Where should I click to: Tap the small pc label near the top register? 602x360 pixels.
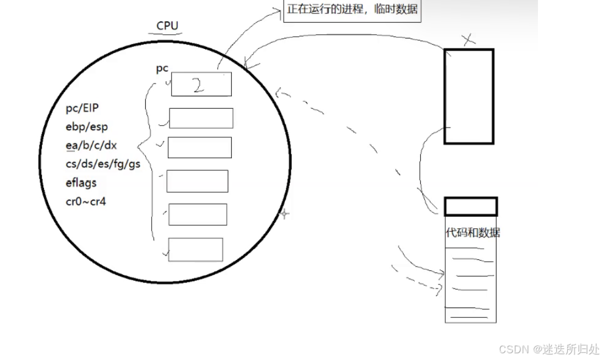(162, 68)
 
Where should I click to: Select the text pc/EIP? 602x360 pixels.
(82, 108)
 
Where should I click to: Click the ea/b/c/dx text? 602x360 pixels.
(91, 145)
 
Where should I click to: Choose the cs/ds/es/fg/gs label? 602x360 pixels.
(102, 164)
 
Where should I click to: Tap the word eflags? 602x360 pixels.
(81, 182)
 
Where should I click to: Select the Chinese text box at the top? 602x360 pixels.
(353, 10)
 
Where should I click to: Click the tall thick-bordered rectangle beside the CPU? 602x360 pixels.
(468, 96)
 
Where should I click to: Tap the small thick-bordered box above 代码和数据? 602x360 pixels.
(470, 206)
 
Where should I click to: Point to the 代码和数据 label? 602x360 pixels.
(473, 232)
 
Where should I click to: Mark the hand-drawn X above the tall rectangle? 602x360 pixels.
(468, 40)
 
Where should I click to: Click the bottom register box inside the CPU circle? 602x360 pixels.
(195, 250)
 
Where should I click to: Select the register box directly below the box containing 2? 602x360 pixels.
(201, 118)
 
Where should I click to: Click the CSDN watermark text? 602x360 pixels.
(549, 349)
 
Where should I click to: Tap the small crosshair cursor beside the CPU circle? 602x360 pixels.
(284, 214)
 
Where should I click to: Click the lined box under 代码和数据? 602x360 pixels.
(470, 281)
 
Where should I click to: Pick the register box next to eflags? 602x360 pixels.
(197, 181)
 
